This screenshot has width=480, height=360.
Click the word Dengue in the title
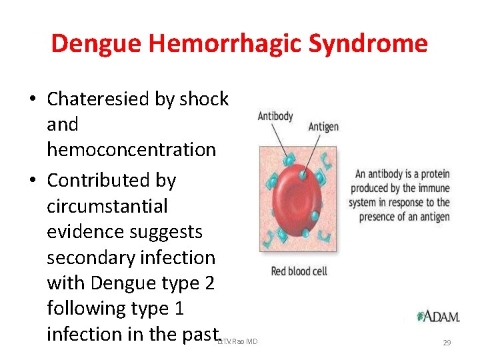click(97, 44)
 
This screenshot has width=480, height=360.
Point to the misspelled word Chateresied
click(99, 99)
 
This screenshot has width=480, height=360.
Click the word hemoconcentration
click(131, 149)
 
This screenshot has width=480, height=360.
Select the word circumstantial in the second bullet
click(107, 206)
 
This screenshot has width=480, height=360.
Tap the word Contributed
click(111, 180)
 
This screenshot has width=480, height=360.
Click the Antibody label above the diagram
click(275, 116)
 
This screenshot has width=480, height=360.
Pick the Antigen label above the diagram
click(323, 127)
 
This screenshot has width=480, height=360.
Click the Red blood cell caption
click(299, 271)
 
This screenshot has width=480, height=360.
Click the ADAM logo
click(438, 316)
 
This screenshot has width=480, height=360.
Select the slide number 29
click(447, 343)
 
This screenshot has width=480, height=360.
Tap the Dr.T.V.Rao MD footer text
click(238, 342)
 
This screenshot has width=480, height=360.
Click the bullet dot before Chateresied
click(32, 100)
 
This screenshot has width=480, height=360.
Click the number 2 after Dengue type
click(210, 283)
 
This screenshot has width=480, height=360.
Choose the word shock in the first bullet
click(203, 99)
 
